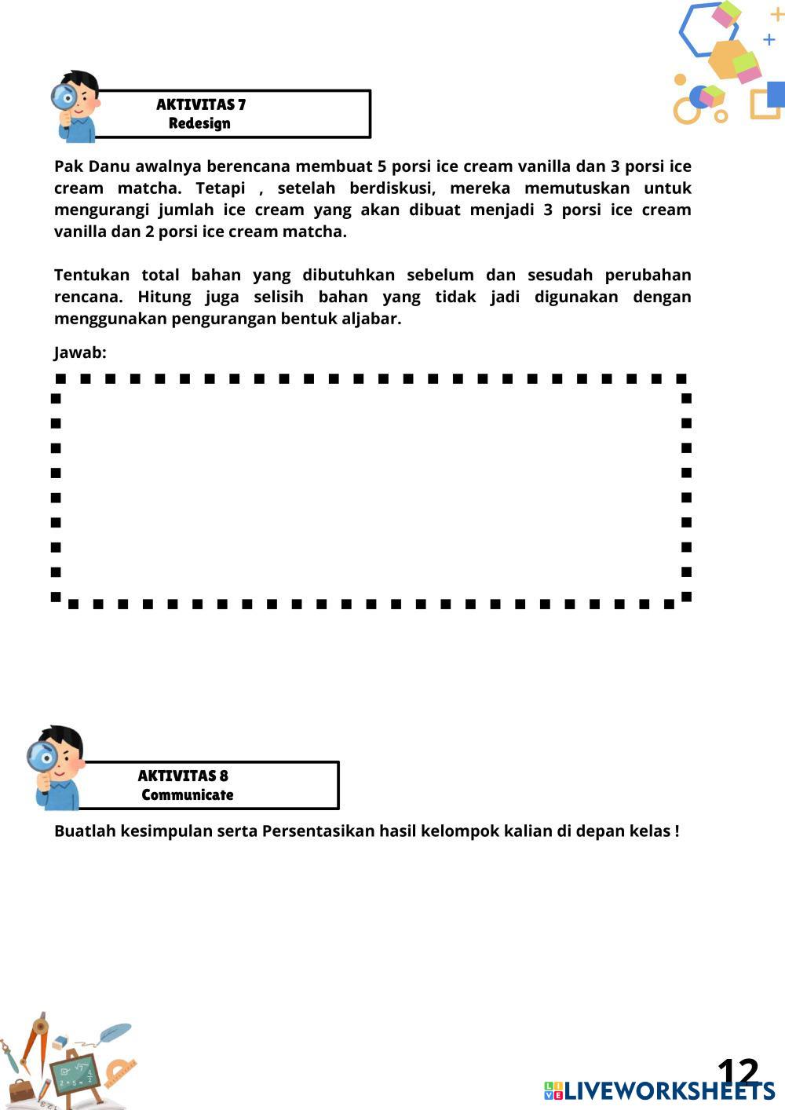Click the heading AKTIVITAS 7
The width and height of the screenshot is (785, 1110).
[x=201, y=104]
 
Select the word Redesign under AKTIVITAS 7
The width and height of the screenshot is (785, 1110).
[x=199, y=123]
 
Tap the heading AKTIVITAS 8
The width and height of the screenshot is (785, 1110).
[x=183, y=776]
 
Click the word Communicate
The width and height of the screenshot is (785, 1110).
[x=188, y=794]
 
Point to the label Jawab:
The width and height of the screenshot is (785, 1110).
[x=80, y=352]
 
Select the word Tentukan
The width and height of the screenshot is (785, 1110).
[x=91, y=275]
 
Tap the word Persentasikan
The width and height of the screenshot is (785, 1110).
[x=318, y=831]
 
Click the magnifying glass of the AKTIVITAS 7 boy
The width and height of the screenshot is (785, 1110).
[x=64, y=98]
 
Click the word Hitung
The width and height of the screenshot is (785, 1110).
[x=164, y=297]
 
